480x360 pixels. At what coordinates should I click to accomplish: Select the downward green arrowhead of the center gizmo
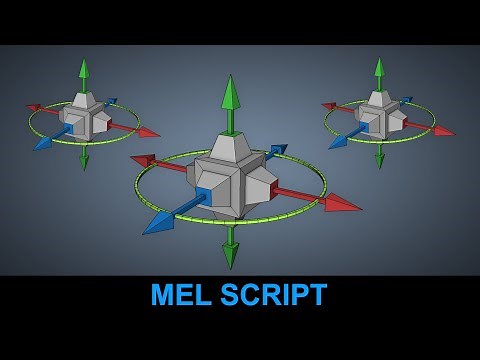click(231, 256)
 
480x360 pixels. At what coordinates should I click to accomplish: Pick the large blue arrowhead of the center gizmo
click(158, 224)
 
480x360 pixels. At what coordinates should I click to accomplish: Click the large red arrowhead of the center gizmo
click(343, 204)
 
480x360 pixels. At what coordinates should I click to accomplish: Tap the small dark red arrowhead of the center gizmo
click(143, 159)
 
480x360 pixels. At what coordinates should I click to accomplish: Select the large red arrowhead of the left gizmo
click(148, 132)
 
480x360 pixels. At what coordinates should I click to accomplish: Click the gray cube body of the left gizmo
click(85, 117)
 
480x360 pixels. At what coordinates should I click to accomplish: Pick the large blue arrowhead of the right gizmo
click(337, 142)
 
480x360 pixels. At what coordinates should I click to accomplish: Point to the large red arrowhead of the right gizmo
click(443, 130)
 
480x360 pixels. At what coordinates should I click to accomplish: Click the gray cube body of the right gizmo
click(380, 115)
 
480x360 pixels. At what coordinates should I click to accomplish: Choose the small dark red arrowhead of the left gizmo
click(34, 106)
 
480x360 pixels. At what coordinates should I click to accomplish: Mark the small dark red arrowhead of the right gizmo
click(329, 104)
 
